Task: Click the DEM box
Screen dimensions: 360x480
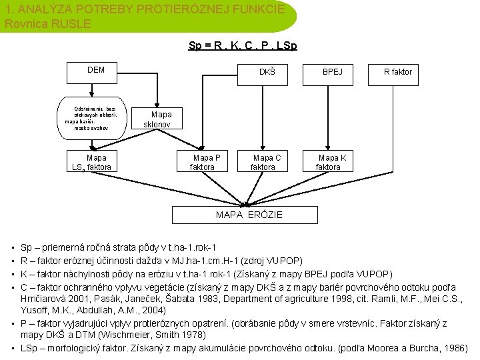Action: (96, 70)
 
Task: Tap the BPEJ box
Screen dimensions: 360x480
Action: (333, 71)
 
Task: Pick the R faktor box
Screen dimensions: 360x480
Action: (398, 71)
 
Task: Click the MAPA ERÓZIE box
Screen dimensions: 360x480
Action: (249, 215)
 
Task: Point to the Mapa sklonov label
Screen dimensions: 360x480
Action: (158, 119)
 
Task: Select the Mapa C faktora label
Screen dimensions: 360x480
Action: (266, 162)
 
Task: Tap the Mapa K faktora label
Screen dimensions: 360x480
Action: (331, 162)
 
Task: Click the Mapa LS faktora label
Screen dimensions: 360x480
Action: (92, 163)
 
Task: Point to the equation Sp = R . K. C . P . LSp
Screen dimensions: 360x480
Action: (243, 46)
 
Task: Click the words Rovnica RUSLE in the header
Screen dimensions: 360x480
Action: (47, 23)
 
